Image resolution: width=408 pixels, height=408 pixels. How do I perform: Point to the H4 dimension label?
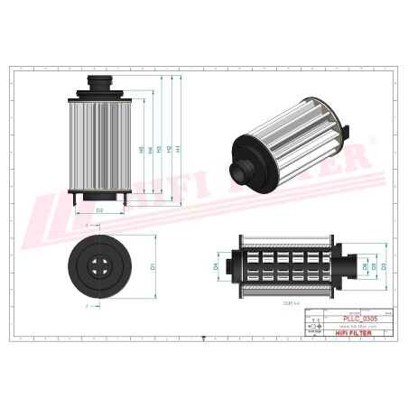click(150, 150)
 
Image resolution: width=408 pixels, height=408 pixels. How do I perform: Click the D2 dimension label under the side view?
click(99, 209)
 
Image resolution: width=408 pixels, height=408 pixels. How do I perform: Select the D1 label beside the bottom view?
click(153, 266)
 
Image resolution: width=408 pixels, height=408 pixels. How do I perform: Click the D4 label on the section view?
click(216, 266)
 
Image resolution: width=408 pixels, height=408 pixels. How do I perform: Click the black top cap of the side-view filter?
click(98, 88)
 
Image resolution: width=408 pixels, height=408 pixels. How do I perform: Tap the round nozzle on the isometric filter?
click(246, 169)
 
